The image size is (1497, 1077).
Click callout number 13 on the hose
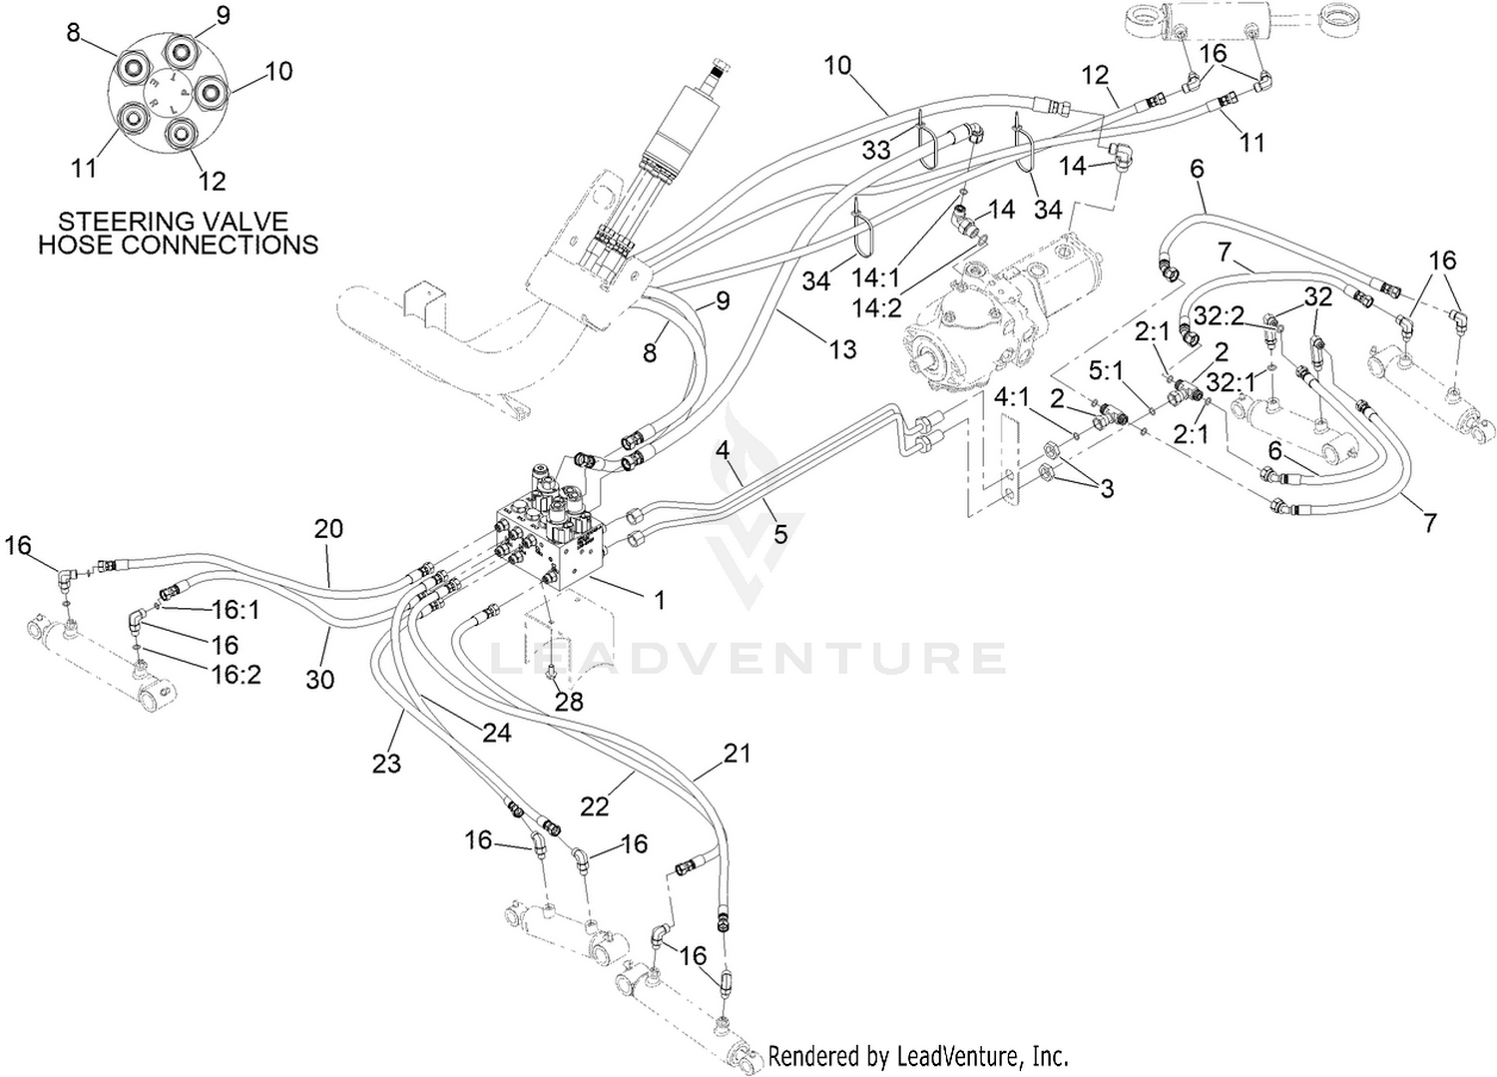(842, 349)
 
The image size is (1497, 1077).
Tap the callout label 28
(569, 702)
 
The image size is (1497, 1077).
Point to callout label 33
(876, 151)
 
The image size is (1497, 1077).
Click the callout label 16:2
(236, 675)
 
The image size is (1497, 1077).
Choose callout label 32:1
(1231, 383)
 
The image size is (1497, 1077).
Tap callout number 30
(320, 680)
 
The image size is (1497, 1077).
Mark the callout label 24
(497, 733)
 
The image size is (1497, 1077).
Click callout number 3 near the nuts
(1108, 489)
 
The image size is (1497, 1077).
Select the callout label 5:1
(1107, 371)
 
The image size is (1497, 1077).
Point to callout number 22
(594, 807)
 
